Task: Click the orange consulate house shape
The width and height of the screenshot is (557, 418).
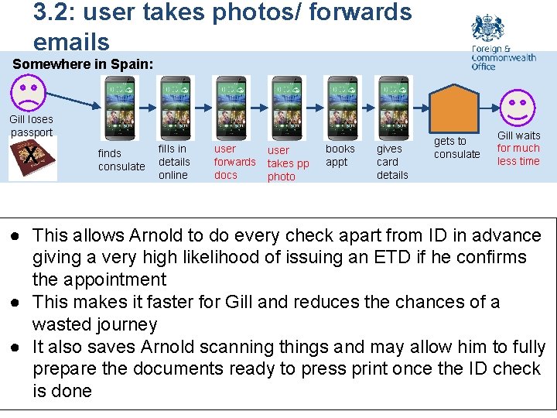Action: click(x=455, y=108)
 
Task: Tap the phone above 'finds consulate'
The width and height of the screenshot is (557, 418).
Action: click(x=120, y=107)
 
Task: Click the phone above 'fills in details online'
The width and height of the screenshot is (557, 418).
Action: click(x=174, y=107)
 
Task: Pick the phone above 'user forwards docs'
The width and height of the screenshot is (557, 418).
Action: click(x=232, y=107)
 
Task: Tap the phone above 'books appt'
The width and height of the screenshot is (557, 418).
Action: click(x=341, y=107)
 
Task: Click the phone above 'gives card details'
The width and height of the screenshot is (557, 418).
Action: click(x=393, y=107)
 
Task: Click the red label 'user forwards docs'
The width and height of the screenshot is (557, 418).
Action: click(x=234, y=162)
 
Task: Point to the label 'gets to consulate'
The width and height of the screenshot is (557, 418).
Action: click(x=456, y=147)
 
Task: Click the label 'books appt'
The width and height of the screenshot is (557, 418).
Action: click(x=340, y=155)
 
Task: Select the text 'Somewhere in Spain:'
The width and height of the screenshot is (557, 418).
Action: click(x=84, y=64)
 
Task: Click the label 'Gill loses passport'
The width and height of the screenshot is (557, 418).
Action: click(x=31, y=125)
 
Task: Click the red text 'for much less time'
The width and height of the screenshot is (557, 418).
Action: click(x=518, y=155)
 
